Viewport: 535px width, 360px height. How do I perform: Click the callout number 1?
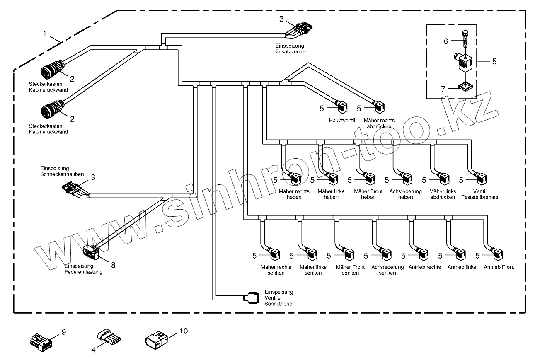tap(45, 34)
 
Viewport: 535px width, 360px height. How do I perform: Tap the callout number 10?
tap(183, 331)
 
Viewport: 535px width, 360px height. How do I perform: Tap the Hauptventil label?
tap(340, 120)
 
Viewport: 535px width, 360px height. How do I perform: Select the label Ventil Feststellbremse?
tap(479, 194)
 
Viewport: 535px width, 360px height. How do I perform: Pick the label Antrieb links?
tap(462, 267)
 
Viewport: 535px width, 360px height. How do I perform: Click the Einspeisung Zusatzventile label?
tap(290, 48)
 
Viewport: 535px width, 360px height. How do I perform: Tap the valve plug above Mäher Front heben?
tap(368, 179)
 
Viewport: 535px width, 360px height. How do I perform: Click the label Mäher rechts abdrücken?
tap(379, 123)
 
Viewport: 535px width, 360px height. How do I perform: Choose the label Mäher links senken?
tap(313, 270)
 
